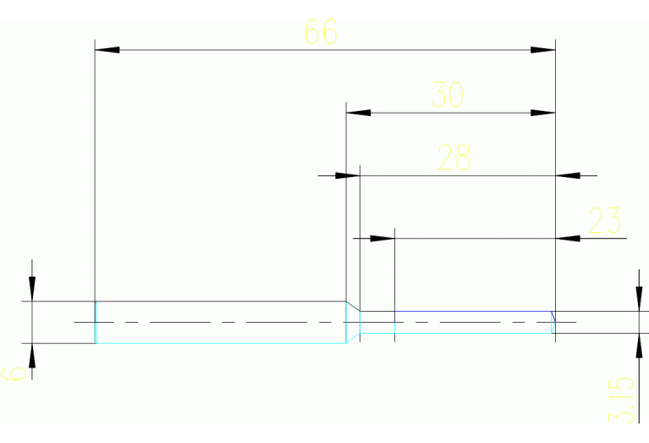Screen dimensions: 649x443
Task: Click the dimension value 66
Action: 321,32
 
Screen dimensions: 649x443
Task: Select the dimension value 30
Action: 448,95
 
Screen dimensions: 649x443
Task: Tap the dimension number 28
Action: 454,158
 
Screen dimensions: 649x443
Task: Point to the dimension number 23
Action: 604,220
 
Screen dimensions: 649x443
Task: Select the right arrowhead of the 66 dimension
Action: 542,50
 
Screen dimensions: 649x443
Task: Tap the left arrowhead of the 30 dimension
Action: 359,113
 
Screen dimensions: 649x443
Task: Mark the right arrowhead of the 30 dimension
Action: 542,113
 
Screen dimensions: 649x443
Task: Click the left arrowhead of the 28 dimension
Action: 348,176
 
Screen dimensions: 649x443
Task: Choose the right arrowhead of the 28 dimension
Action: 568,176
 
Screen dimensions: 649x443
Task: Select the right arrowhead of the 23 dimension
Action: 568,239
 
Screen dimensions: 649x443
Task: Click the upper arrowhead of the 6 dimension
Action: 32,289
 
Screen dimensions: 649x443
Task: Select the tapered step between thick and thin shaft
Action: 353,322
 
